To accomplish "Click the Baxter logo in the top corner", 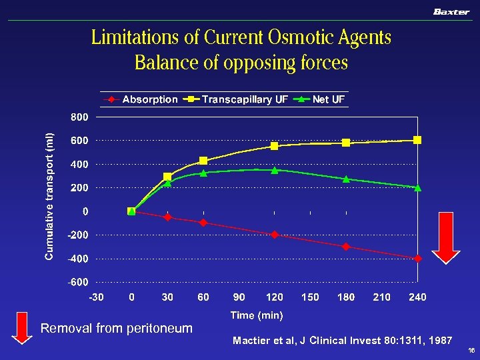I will point(451,12).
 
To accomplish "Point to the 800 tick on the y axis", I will point(79,117).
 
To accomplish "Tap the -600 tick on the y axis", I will point(78,282).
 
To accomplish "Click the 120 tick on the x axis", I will point(275,297).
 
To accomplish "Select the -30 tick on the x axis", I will point(97,297).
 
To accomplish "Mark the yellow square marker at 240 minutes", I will point(417,140).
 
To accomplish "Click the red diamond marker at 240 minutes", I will point(417,259).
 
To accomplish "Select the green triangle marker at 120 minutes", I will point(275,170).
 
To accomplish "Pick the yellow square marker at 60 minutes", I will point(203,161).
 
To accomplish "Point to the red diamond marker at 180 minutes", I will point(346,247).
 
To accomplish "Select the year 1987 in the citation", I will point(440,341).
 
